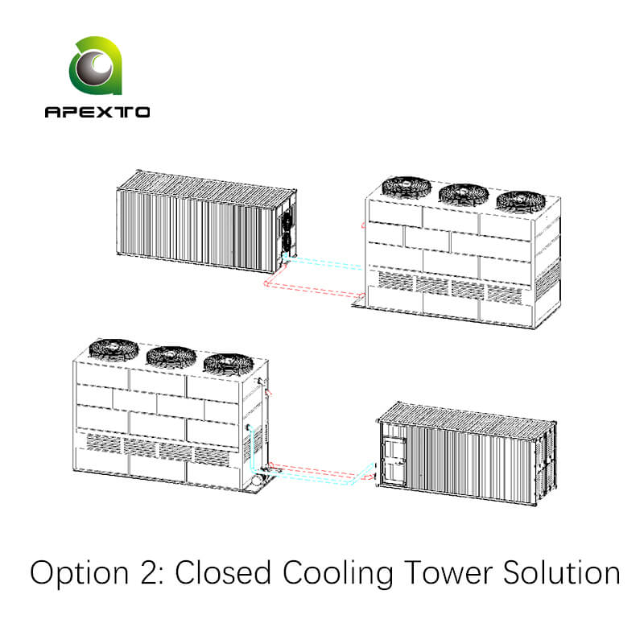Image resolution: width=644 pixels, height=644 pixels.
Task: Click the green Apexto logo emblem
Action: pyautogui.click(x=97, y=68)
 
